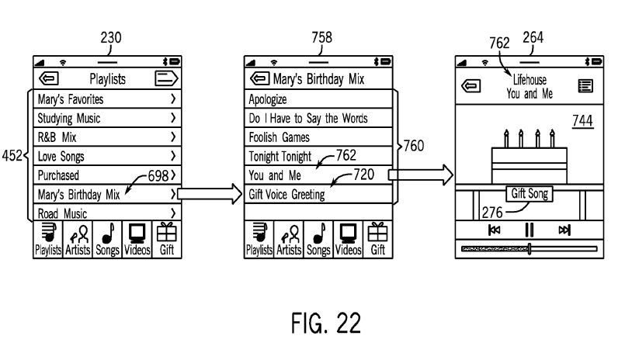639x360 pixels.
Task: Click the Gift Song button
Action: (x=528, y=194)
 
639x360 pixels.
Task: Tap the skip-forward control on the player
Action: (x=564, y=230)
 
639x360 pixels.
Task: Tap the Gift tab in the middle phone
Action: (x=378, y=239)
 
